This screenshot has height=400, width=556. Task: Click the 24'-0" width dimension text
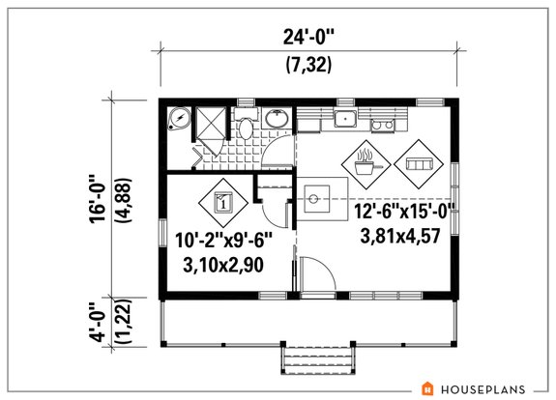pos(307,40)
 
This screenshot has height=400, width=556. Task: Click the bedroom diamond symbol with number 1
pos(221,201)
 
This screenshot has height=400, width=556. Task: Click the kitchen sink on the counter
pos(345,119)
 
